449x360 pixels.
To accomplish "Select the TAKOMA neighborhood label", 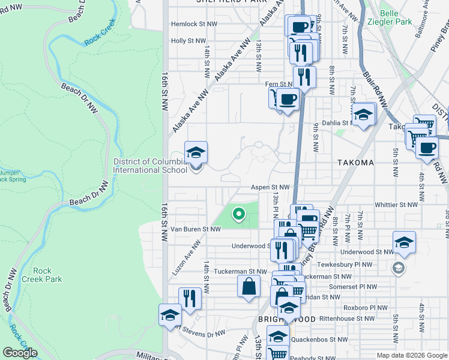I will coord(355,163).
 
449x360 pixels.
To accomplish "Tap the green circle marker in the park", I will coord(238,213).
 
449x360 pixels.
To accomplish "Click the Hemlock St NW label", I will coord(192,25).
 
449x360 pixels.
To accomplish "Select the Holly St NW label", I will coord(188,41).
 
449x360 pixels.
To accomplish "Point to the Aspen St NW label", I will coord(270,187).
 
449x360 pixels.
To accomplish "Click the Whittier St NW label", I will coord(395,205).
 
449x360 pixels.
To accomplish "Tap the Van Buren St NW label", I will coord(188,229).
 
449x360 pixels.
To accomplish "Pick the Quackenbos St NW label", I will coord(319,340).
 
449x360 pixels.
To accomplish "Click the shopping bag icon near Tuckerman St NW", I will coord(249,287).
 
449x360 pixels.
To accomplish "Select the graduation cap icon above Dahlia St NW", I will coord(363,114).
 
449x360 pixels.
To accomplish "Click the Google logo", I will coord(20,353).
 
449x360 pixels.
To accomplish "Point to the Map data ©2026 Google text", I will coord(412,355).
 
